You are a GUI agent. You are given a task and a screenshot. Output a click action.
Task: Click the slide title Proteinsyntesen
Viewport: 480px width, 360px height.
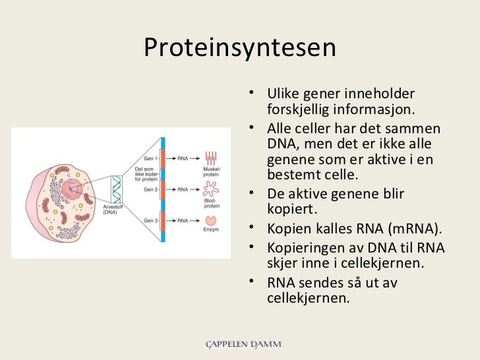pos(240,47)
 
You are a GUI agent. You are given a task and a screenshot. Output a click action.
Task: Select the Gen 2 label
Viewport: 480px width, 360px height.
pos(150,190)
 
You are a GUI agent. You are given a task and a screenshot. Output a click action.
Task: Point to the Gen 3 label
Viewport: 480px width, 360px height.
pos(150,220)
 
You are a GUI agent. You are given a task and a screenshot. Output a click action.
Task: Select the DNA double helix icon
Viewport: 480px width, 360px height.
pos(116,189)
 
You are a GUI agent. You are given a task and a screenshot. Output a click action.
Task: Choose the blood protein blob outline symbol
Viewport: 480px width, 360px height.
pos(211,189)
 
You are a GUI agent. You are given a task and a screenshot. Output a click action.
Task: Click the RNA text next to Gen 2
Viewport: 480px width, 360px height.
pos(183,190)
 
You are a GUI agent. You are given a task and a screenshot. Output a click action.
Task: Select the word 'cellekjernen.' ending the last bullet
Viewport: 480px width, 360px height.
pos(308,298)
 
